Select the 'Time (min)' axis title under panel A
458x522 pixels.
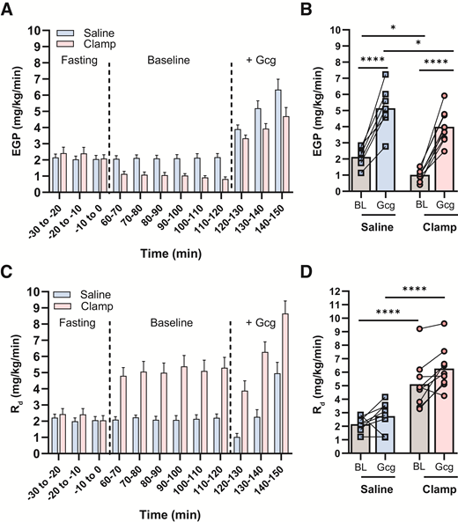coord(167,251)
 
